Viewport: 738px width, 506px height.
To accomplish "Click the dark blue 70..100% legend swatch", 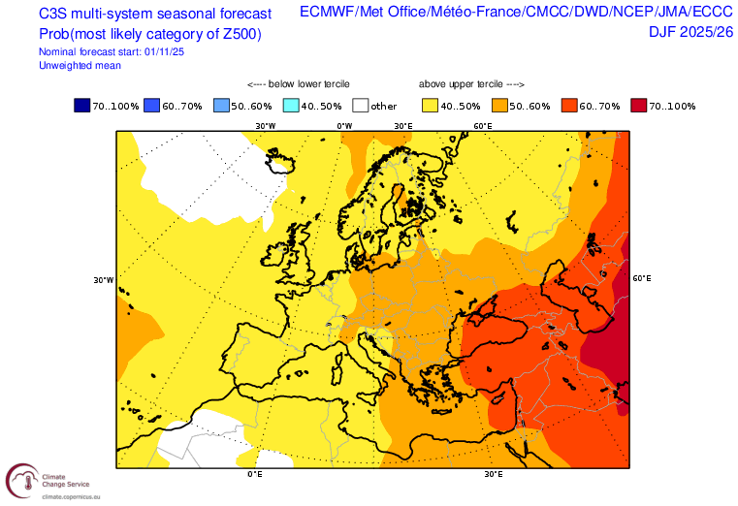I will [82, 106].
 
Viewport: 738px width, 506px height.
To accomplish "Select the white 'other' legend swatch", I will [360, 106].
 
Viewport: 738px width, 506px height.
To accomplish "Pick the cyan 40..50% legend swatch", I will [292, 106].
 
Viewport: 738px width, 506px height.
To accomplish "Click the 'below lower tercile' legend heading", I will [299, 84].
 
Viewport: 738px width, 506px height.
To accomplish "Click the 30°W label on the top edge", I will [265, 126].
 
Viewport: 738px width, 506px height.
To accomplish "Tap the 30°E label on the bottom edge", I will [493, 475].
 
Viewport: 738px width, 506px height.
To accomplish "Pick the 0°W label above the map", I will [343, 126].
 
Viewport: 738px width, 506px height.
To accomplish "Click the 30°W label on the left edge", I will [104, 280].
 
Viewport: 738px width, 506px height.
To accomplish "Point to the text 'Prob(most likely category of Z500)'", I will [150, 33].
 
